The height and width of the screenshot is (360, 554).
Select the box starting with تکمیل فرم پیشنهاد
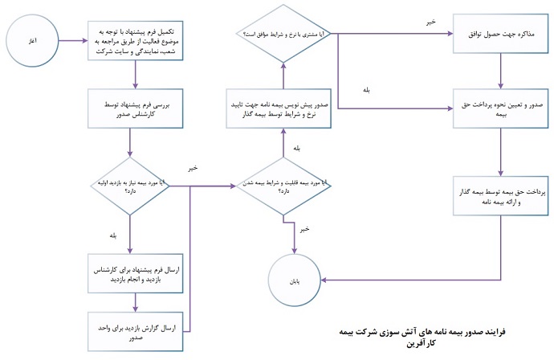136,37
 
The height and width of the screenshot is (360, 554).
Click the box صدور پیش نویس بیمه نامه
283,109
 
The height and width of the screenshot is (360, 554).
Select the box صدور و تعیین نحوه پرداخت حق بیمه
500,110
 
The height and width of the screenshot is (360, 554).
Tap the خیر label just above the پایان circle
303,229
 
